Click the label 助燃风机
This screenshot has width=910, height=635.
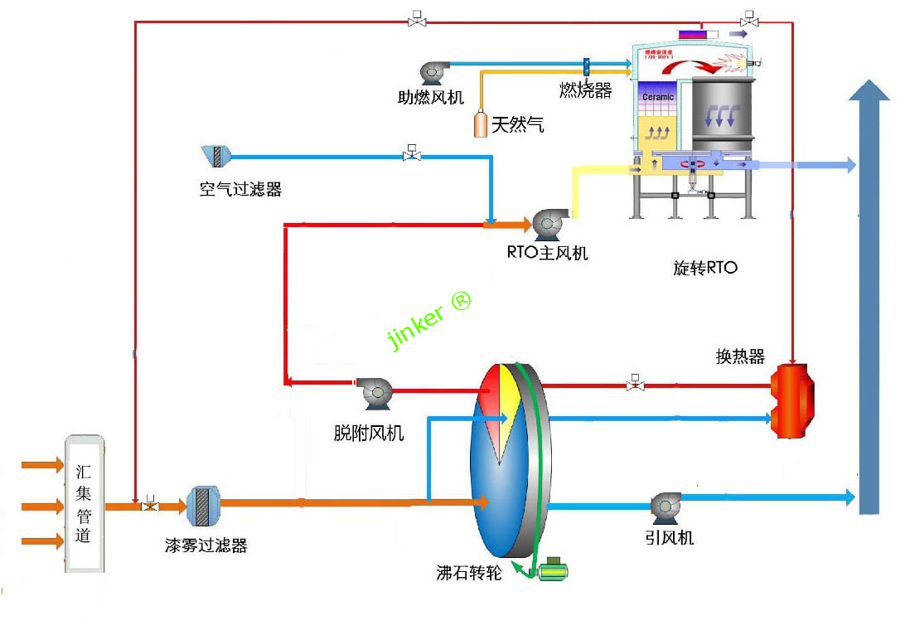[x=431, y=98]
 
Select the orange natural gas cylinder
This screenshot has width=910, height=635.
[x=479, y=124]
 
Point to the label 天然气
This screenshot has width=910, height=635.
[x=518, y=125]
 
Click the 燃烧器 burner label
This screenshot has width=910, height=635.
[x=585, y=90]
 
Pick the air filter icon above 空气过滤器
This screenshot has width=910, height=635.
[x=217, y=155]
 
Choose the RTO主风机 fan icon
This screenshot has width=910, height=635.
[x=548, y=223]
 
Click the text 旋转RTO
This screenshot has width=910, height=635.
[x=704, y=269]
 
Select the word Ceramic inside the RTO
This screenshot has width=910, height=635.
[x=658, y=98]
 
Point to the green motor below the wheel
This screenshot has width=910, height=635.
[x=554, y=571]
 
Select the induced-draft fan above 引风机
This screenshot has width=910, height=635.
[x=666, y=507]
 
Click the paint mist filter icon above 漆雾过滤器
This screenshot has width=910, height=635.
[x=201, y=506]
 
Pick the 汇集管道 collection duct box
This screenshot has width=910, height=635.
[x=85, y=503]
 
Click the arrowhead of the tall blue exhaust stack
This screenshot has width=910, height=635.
[x=869, y=90]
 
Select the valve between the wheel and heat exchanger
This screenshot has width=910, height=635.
[x=636, y=385]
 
